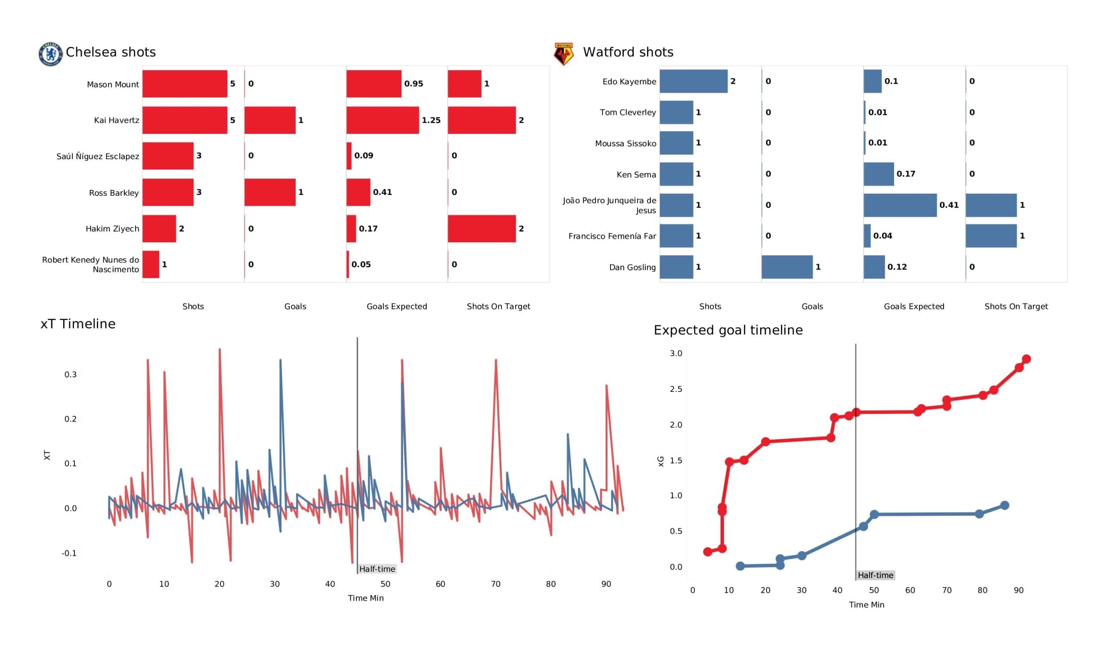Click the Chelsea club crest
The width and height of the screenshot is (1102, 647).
50,54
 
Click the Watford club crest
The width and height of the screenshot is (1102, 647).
563,54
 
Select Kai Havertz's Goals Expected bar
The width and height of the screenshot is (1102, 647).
382,120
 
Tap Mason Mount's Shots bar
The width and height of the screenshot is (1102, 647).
185,83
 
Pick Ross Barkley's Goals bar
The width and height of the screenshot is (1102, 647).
270,192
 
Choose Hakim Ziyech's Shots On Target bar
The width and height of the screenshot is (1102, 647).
481,228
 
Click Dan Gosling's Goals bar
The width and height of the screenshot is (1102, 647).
787,267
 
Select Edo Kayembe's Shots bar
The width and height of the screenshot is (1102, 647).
693,81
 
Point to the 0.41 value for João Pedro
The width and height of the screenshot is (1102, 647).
948,205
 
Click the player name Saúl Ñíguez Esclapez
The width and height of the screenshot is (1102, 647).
98,157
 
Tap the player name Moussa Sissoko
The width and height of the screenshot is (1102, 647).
625,143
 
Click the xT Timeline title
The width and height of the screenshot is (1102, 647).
78,324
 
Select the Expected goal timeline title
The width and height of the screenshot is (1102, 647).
727,330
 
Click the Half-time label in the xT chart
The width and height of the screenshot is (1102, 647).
377,569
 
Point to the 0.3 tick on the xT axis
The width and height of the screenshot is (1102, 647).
71,375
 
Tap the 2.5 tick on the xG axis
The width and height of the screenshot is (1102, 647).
676,389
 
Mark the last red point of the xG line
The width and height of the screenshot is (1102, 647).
1026,359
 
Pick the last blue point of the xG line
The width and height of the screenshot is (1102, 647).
1004,505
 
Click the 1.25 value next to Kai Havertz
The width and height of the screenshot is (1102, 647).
431,120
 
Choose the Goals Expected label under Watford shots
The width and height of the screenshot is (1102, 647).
913,306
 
